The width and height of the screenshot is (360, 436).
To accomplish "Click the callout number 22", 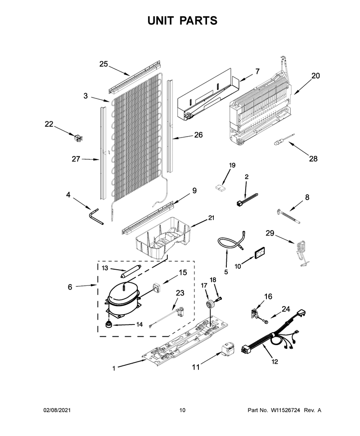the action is pyautogui.click(x=49, y=124).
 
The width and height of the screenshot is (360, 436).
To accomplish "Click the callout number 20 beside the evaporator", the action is pyautogui.click(x=315, y=76).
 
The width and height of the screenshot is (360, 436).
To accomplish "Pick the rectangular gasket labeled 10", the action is pyautogui.click(x=259, y=253).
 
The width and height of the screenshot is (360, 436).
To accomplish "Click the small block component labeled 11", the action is pyautogui.click(x=228, y=349).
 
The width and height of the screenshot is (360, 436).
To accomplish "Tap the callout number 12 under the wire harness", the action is pyautogui.click(x=275, y=361).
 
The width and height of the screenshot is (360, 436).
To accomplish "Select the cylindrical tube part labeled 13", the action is pyautogui.click(x=130, y=271).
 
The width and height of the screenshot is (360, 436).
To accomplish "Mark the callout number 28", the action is pyautogui.click(x=313, y=159).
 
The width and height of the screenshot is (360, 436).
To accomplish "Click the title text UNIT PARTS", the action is pyautogui.click(x=182, y=21).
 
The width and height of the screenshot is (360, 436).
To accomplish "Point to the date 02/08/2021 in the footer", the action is pyautogui.click(x=57, y=410).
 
